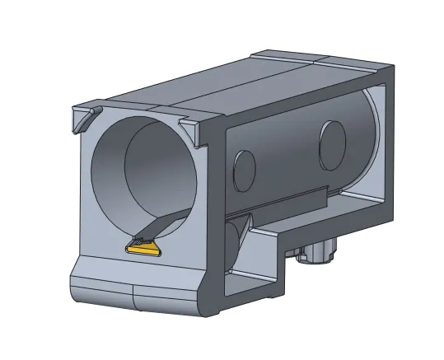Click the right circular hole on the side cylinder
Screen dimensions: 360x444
(x=333, y=139)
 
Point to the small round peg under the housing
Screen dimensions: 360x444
(x=317, y=251)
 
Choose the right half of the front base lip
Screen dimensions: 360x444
(x=165, y=298)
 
